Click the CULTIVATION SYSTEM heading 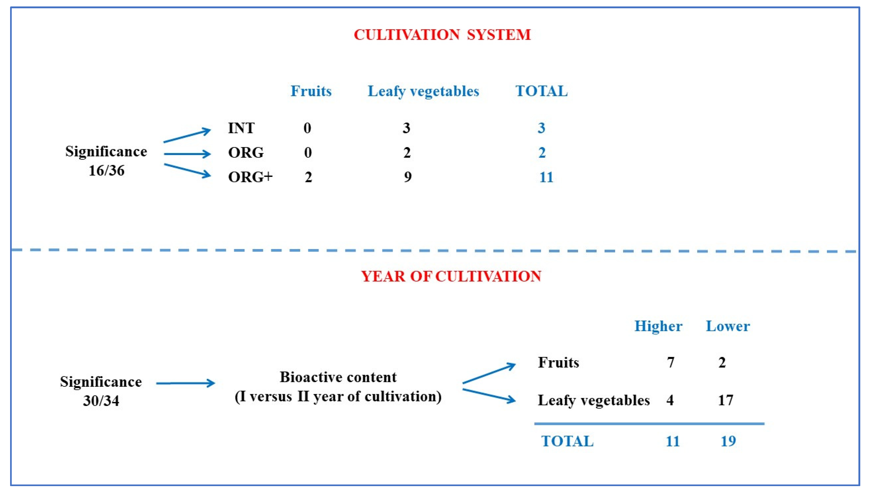[x=442, y=35]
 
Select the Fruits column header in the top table [x=311, y=91]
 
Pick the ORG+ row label [x=250, y=177]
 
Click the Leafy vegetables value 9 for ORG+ [x=407, y=177]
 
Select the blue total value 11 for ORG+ [x=546, y=177]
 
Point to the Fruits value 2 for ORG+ [x=308, y=177]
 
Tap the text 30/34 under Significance [x=101, y=401]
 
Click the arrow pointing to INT [x=187, y=135]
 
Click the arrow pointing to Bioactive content [x=185, y=383]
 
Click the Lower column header [x=728, y=326]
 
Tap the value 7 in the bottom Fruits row [x=670, y=363]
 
